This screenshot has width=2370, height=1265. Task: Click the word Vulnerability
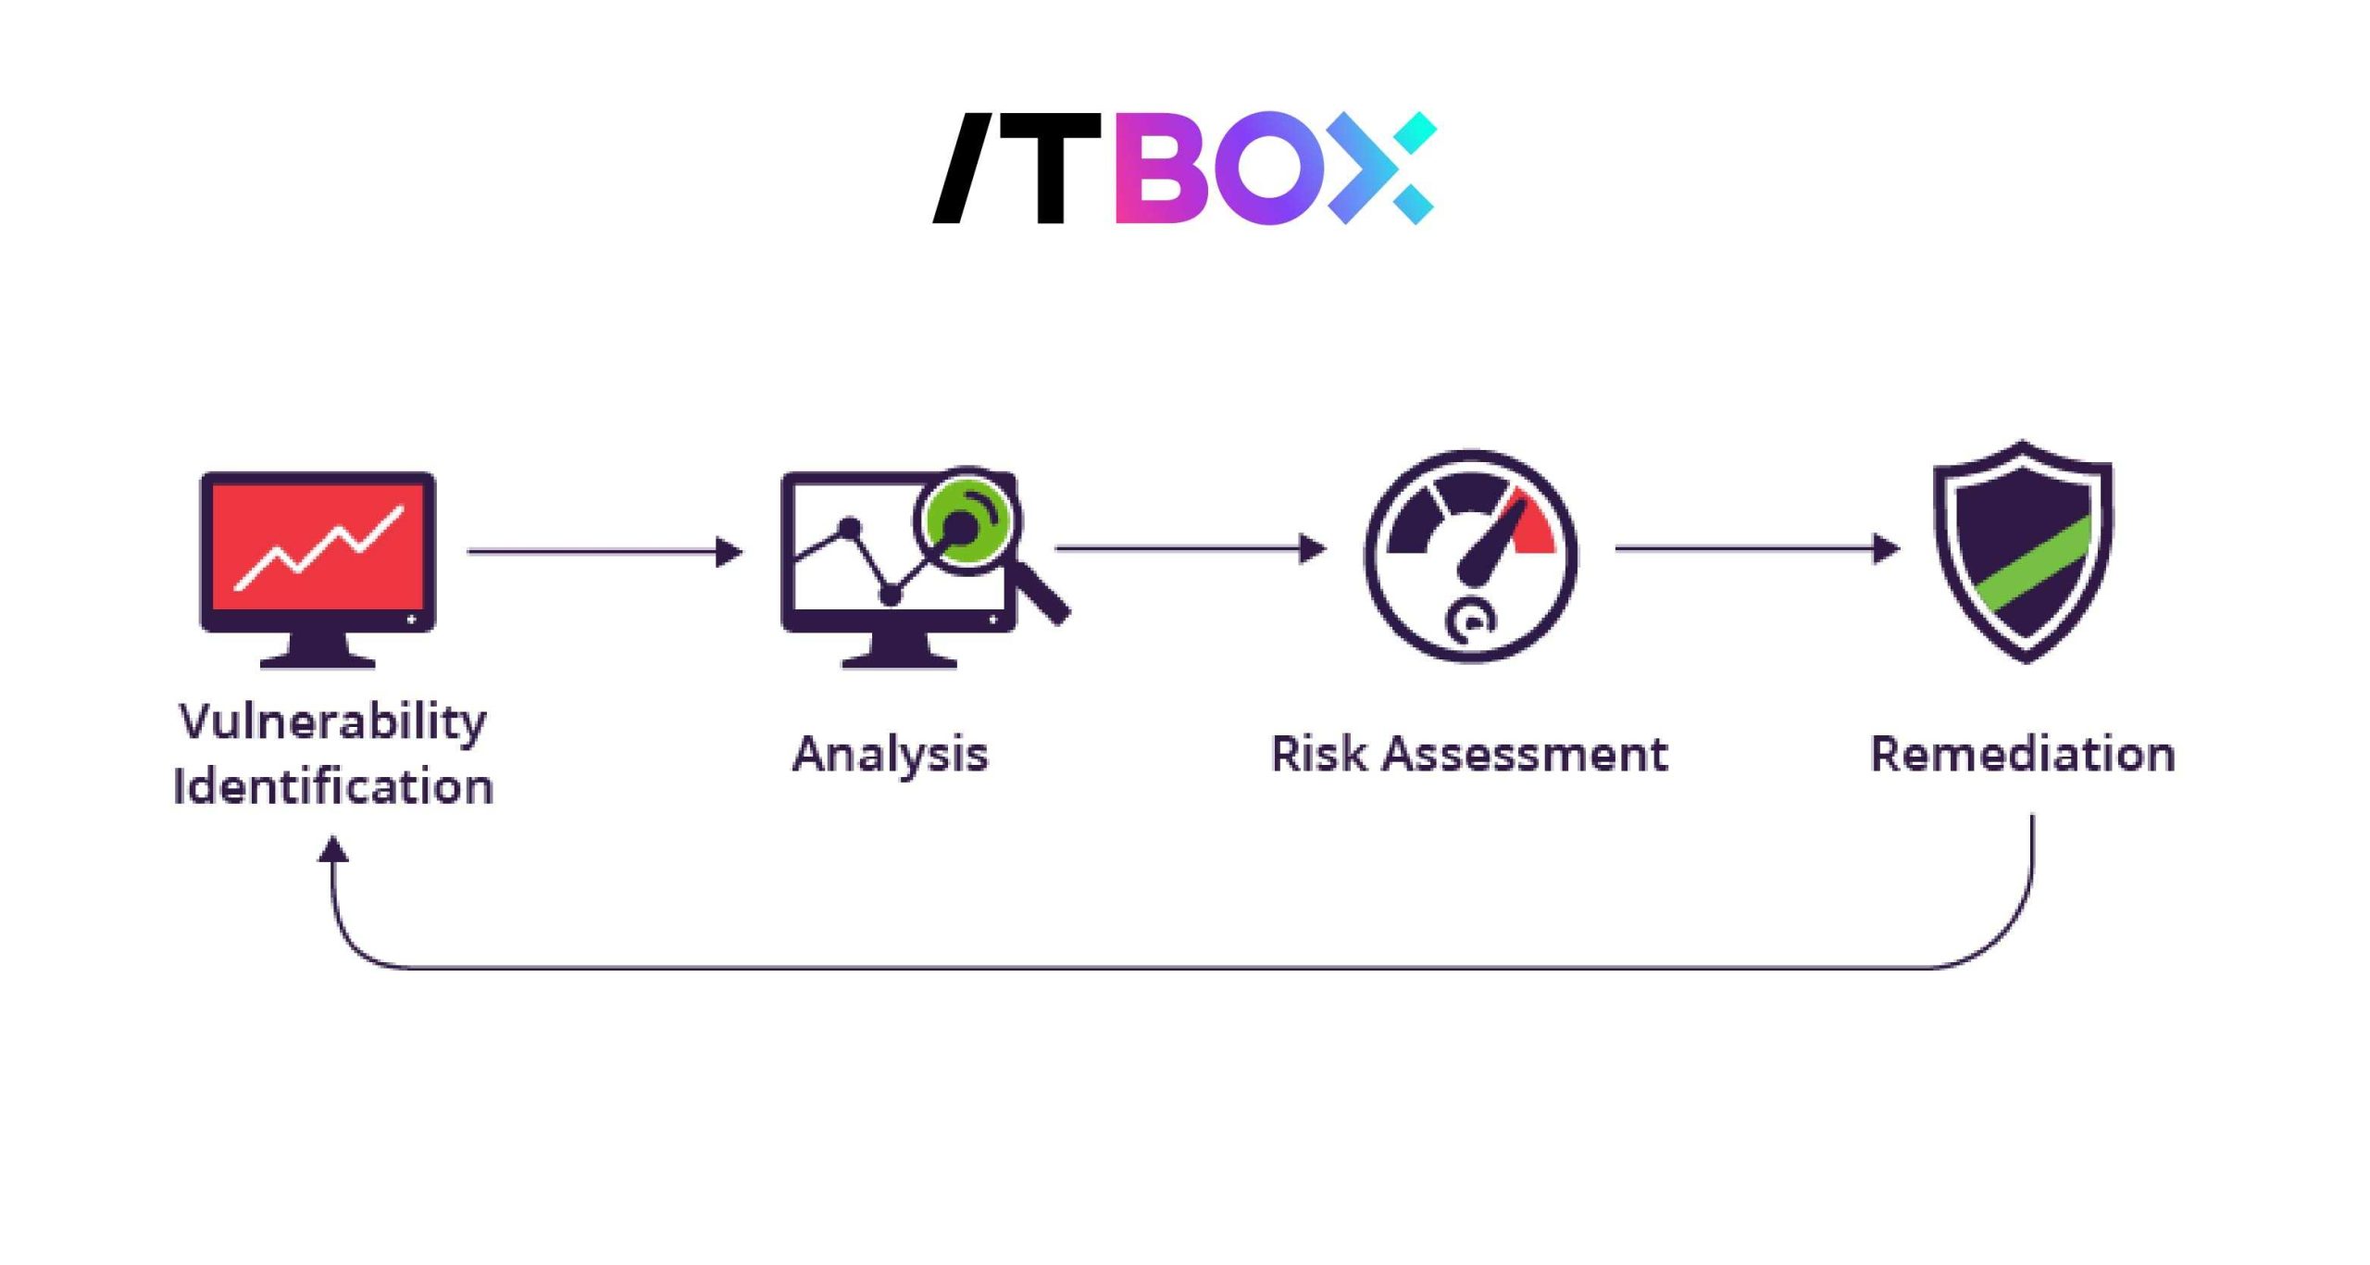click(333, 721)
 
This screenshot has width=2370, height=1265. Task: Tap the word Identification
click(333, 786)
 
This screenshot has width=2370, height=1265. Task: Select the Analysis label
click(891, 754)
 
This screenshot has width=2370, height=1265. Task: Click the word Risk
click(1318, 754)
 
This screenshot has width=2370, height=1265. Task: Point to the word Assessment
click(1526, 754)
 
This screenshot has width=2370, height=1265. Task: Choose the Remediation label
click(2023, 754)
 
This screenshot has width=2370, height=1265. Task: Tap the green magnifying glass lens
click(965, 519)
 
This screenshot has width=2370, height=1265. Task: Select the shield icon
click(2023, 551)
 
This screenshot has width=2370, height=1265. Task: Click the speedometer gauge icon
click(1471, 556)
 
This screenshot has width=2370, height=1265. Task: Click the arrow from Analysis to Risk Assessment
click(1190, 548)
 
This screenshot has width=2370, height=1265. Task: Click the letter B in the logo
click(1162, 169)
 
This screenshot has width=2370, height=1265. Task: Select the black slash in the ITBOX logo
click(963, 169)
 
